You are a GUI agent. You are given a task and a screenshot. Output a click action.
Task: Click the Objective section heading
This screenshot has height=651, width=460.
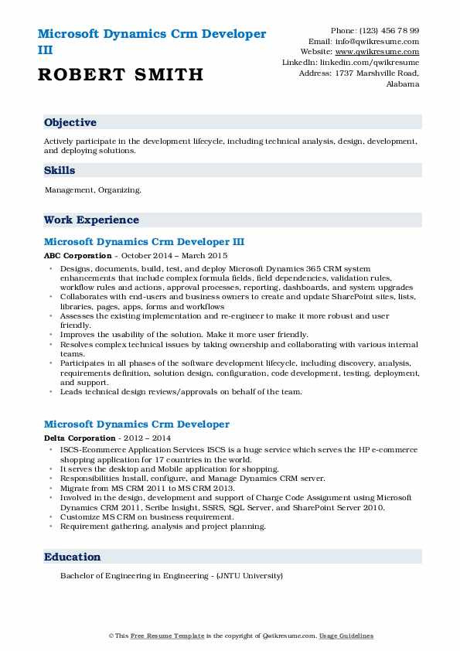click(70, 123)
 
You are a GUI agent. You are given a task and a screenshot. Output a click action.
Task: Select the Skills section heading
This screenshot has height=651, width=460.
click(60, 171)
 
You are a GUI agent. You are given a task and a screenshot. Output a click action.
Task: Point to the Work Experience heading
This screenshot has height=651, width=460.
click(91, 220)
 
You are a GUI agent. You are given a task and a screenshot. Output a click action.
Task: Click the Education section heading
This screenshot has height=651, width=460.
click(73, 557)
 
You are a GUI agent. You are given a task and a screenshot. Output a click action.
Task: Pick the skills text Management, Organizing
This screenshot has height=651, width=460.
click(93, 189)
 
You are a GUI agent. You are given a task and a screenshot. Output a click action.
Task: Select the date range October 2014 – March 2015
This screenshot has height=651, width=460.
click(173, 255)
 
